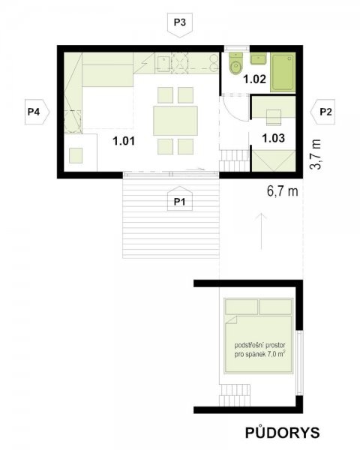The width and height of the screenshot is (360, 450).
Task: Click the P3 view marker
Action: [x=180, y=25]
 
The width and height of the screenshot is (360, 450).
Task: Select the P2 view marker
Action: [x=323, y=112]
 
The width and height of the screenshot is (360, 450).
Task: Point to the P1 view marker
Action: [x=180, y=199]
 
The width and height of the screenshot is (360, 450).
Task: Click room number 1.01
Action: [x=124, y=141]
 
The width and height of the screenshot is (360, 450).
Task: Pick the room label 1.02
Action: [x=255, y=79]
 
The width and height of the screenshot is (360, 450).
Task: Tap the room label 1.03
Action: [x=273, y=138]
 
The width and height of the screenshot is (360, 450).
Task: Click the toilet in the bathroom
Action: [x=236, y=64]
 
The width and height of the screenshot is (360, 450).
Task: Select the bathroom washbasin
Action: [x=258, y=58]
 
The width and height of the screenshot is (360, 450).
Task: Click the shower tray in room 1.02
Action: [x=283, y=72]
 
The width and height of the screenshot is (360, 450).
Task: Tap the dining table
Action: [x=175, y=121]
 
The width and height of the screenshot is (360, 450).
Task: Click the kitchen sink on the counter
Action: [x=163, y=64]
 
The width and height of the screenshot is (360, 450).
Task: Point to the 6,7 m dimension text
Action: [x=283, y=191]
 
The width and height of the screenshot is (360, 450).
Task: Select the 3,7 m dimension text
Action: [x=316, y=154]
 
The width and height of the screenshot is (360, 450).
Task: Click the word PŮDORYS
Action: [x=283, y=433]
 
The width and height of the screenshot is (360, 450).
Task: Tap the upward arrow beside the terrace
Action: [x=262, y=231]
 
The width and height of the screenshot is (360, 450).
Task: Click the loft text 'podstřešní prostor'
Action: [x=259, y=345]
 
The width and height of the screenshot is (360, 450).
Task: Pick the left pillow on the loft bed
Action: [x=241, y=307]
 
